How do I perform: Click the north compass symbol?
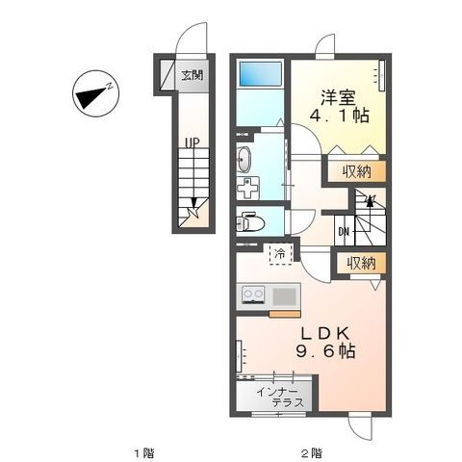click(x=92, y=94)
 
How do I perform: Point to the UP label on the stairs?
click(x=192, y=143)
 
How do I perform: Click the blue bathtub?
click(x=260, y=73)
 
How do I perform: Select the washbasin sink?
click(x=243, y=160)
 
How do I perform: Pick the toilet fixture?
click(x=251, y=222)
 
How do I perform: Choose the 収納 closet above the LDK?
click(x=360, y=263)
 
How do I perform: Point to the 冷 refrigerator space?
click(x=280, y=255)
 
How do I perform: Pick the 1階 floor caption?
click(x=143, y=451)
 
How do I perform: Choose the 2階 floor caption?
click(x=310, y=451)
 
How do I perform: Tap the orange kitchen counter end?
click(x=285, y=313)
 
